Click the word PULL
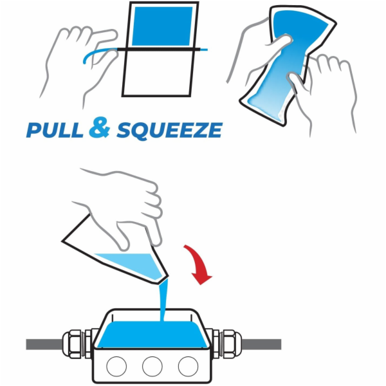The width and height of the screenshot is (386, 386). coord(55,130)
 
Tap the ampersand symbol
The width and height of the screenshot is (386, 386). coord(99,128)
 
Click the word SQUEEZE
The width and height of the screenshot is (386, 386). coord(170,130)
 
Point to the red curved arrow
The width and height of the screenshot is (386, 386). coord(198,263)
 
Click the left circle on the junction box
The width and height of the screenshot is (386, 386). coord(116,366)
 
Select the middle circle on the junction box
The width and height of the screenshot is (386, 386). coord(152,366)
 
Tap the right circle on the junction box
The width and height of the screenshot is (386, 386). coord(188,366)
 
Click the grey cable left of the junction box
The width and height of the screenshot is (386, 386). coord(44,344)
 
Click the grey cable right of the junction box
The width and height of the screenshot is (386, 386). coord(261,344)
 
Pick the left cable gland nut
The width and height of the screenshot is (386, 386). coord(71,344)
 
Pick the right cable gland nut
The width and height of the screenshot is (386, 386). coord(232,344)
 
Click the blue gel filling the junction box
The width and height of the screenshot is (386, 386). coord(152,335)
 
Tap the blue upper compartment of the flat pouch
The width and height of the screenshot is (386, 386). coord(163,26)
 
